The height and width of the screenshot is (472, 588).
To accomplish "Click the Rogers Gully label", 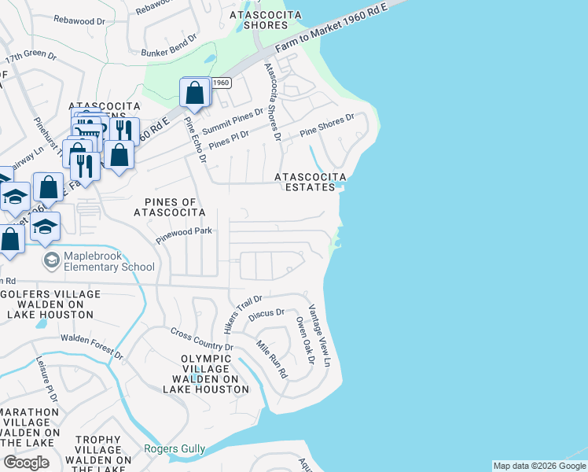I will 175,449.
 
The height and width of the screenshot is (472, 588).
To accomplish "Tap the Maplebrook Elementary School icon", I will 52,260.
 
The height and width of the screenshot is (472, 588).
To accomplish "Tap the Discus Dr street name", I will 266,313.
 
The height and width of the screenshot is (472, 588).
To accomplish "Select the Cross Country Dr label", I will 202,339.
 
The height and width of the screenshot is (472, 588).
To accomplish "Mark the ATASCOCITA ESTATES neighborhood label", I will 310,183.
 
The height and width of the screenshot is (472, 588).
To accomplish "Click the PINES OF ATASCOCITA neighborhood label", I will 169,207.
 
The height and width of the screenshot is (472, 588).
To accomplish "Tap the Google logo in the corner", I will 26,462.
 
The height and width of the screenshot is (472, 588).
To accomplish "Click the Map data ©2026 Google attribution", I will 539,466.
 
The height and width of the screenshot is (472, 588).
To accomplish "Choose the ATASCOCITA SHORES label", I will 259,20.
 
